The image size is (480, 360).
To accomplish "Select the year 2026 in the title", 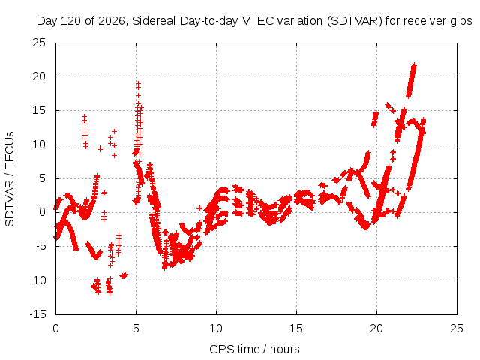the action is tap(112, 21).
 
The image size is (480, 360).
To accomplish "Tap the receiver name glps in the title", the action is tap(461, 21).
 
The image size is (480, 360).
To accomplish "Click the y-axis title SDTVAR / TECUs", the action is tap(10, 179).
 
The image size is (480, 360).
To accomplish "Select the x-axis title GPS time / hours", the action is tap(254, 349).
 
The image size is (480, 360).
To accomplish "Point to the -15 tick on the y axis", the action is tap(37, 314).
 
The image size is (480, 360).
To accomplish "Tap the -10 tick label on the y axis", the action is tap(37, 280).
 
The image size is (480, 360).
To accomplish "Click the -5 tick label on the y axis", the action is tap(40, 246).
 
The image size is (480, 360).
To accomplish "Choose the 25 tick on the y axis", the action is tap(39, 43).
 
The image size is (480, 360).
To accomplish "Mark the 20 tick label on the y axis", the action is tap(39, 76).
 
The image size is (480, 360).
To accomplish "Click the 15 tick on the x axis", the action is tap(296, 328).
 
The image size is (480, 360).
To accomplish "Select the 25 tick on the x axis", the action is tap(457, 328).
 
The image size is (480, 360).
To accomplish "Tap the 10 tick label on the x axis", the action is tap(216, 328).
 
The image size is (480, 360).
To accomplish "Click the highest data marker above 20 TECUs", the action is tap(415, 65).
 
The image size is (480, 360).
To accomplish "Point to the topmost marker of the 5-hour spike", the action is tap(138, 83).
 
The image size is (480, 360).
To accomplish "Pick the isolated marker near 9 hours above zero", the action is tap(199, 208).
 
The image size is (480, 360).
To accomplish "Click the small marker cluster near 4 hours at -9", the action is tap(124, 275).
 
